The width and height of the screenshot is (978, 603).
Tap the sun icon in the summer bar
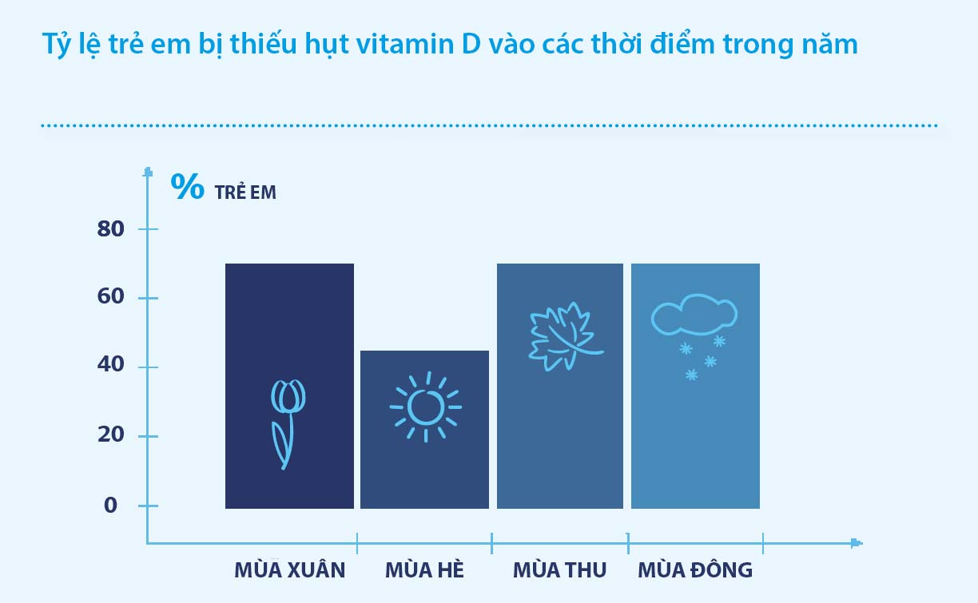point(426,407)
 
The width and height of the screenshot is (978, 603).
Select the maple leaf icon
point(566,336)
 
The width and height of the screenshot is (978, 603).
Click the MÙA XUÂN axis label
point(290,570)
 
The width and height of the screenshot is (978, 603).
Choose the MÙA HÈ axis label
point(424,570)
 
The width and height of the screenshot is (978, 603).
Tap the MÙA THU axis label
point(560,570)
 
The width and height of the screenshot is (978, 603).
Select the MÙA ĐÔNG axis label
point(695,570)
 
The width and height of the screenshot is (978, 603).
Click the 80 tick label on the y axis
point(110,229)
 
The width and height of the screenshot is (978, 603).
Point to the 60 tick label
point(110,296)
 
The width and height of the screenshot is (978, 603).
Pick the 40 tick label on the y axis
point(110,365)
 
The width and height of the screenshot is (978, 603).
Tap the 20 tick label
point(110,434)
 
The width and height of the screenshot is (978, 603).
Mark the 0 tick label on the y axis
point(110,506)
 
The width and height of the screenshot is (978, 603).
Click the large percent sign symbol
point(187,186)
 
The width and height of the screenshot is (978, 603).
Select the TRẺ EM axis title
point(245,192)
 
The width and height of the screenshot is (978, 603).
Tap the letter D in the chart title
point(471,44)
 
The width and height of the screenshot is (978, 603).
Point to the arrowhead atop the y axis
point(149,172)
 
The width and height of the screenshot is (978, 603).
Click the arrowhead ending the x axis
point(857,543)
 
